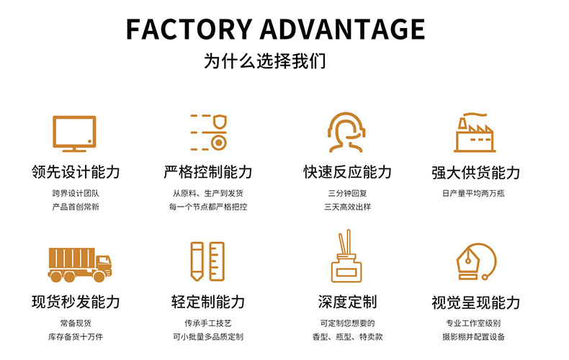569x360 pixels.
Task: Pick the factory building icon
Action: [475, 132]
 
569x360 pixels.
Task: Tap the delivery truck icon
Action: [80, 264]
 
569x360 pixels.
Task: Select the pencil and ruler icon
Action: [207, 261]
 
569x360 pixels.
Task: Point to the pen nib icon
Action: [475, 261]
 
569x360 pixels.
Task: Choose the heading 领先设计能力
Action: [76, 172]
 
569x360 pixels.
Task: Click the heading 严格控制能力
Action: [207, 172]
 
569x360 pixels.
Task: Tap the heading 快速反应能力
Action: [348, 172]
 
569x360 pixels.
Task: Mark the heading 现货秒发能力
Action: [76, 302]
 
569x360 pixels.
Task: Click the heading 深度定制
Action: [348, 302]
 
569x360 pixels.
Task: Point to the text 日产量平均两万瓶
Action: [475, 194]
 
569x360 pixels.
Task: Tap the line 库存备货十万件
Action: [76, 336]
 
